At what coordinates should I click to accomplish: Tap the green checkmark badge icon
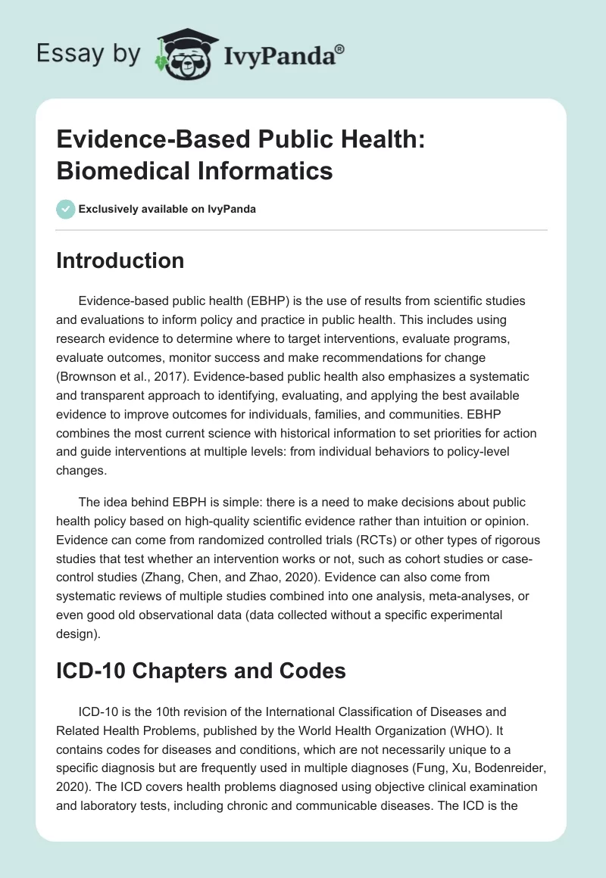(66, 209)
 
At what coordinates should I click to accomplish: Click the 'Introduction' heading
(120, 260)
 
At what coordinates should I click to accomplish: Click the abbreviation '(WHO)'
(469, 730)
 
